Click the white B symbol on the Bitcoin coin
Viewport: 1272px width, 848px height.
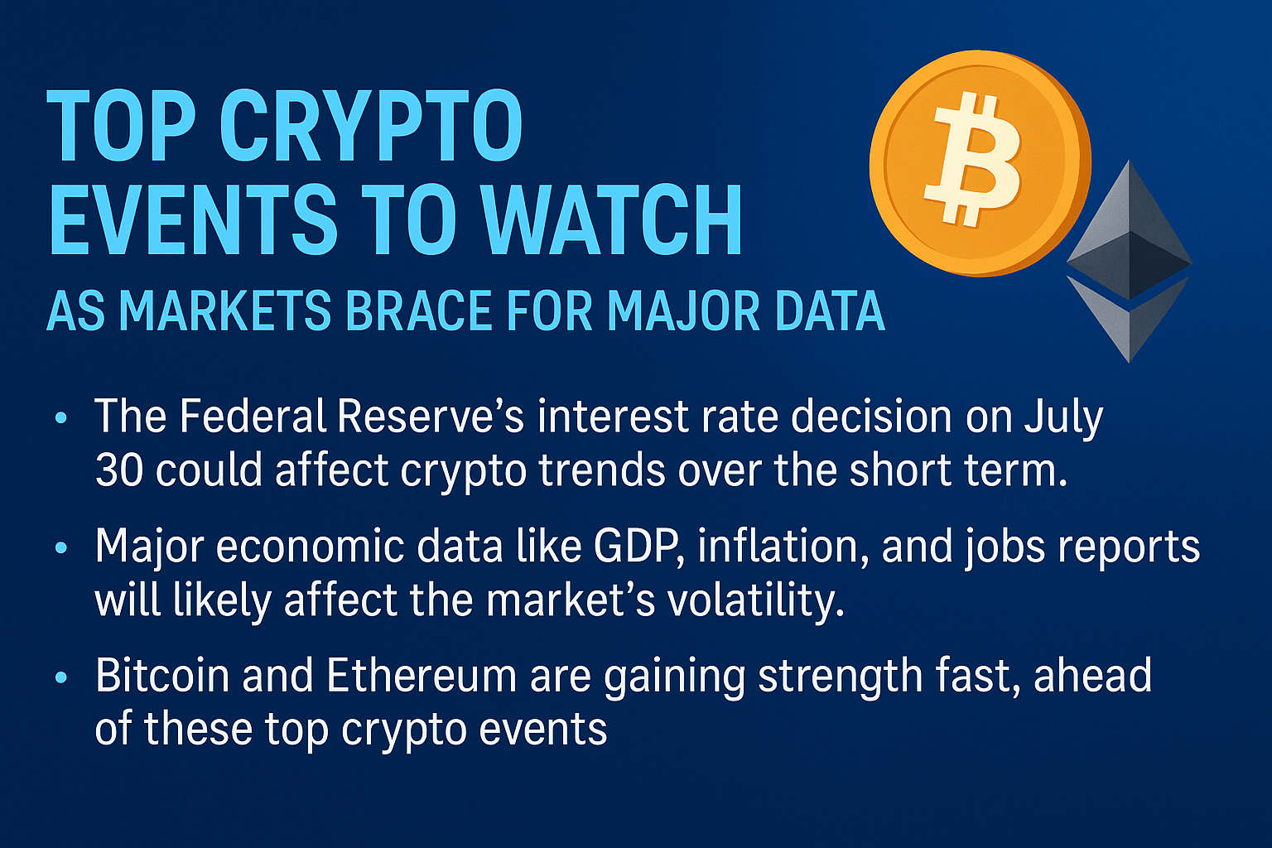[973, 160]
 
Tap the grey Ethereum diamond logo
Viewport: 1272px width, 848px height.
[1129, 261]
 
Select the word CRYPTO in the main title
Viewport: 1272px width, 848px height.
[371, 125]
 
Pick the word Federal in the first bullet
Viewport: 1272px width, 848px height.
[253, 417]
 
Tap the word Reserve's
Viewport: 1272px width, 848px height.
[431, 417]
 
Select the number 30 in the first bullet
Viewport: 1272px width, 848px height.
[118, 470]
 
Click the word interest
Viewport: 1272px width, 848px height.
[613, 417]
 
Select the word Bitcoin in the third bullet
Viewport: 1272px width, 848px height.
[161, 675]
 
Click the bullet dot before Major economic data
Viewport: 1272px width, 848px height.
[61, 548]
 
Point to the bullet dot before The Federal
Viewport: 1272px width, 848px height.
[61, 418]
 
